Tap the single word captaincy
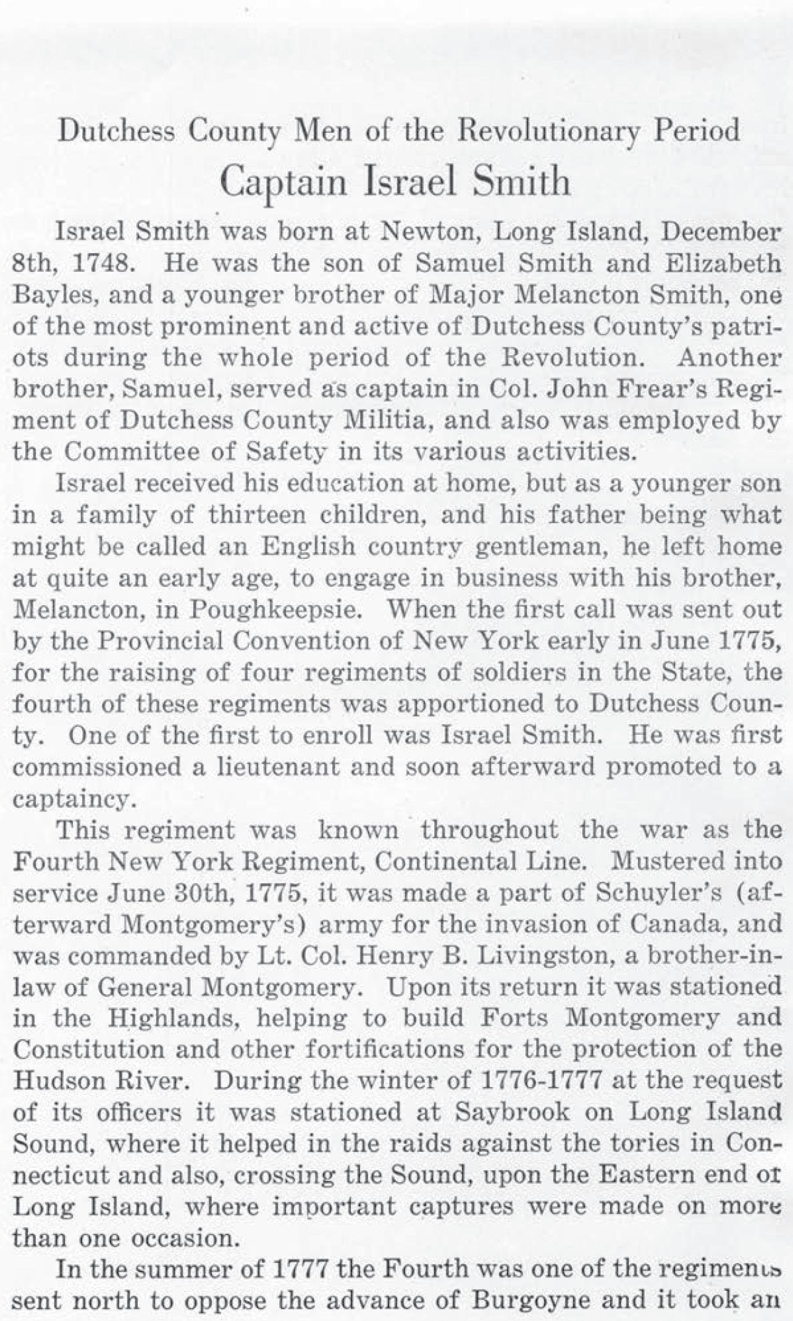(73, 800)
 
